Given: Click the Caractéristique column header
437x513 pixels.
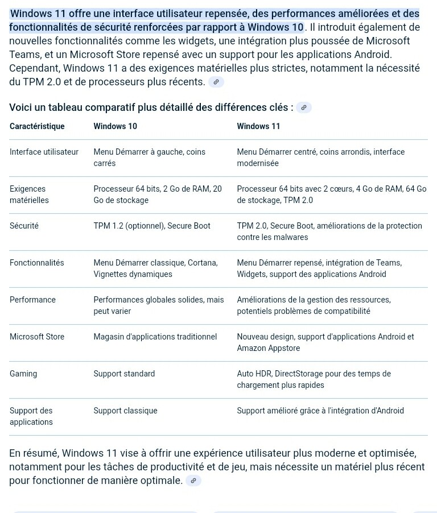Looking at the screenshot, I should click(37, 126).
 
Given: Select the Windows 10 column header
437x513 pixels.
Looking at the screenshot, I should click(115, 126).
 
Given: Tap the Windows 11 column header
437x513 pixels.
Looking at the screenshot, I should click(258, 126).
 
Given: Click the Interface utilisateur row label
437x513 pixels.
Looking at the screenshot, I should click(44, 152).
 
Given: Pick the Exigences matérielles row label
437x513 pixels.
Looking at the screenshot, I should click(29, 195).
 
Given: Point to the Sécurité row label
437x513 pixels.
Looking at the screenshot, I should click(24, 226).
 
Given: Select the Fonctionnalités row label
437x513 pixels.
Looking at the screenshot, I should click(36, 263).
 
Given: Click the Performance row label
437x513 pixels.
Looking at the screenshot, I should click(32, 300).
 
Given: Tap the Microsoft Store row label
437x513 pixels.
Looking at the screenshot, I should click(37, 337).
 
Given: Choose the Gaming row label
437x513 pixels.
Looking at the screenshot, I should click(23, 374).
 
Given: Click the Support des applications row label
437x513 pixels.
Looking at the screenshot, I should click(31, 416).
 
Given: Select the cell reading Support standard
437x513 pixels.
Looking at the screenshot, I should click(124, 374).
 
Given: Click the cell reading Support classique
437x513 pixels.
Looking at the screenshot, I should click(125, 411).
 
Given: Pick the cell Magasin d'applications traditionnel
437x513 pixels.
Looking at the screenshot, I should click(155, 337).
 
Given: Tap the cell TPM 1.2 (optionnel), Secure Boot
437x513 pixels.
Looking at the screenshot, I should click(152, 226).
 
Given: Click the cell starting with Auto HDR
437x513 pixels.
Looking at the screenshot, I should click(314, 379).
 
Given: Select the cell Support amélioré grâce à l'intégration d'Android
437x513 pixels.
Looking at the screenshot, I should click(320, 411).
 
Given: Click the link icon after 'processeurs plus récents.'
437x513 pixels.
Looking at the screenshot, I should click(216, 82).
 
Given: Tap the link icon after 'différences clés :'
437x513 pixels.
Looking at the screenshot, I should click(304, 107).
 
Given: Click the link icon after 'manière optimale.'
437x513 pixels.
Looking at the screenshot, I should click(193, 481).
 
